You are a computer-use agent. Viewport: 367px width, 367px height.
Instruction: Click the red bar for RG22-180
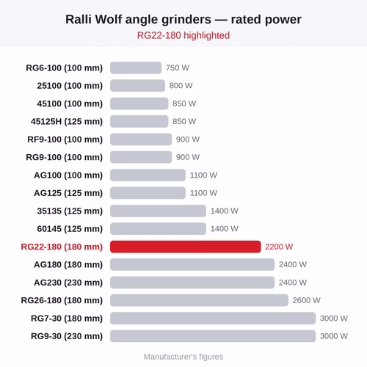tap(185, 247)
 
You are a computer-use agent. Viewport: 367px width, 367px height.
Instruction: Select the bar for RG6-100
tap(136, 68)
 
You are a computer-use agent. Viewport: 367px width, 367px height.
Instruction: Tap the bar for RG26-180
tap(199, 300)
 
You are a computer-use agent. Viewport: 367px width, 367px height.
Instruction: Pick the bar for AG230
tap(192, 283)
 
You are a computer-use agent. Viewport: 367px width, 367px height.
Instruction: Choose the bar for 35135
tap(158, 211)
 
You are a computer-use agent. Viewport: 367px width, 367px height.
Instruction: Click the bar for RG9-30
tap(213, 336)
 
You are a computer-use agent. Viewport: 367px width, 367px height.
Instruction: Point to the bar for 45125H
tap(139, 121)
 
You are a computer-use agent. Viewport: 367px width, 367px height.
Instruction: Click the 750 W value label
tap(178, 68)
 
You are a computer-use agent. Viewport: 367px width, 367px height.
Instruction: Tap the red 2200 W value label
tap(279, 247)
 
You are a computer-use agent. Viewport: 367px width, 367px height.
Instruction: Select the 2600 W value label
tap(306, 300)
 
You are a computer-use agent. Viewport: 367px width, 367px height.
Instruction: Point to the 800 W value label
tap(181, 86)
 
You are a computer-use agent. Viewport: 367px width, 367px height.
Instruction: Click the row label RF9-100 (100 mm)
tap(65, 139)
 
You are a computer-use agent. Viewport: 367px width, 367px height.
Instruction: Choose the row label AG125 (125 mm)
tap(68, 193)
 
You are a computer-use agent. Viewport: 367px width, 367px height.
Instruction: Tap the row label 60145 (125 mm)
tap(70, 229)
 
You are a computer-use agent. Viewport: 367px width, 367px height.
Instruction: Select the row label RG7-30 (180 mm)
tap(67, 319)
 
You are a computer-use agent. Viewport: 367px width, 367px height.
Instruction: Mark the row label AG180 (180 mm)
tap(68, 264)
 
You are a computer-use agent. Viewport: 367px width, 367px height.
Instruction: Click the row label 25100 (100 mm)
tap(70, 86)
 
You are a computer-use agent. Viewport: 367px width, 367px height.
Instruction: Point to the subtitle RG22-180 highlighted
tap(183, 35)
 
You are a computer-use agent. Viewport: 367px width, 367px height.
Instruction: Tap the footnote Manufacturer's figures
tap(183, 357)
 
